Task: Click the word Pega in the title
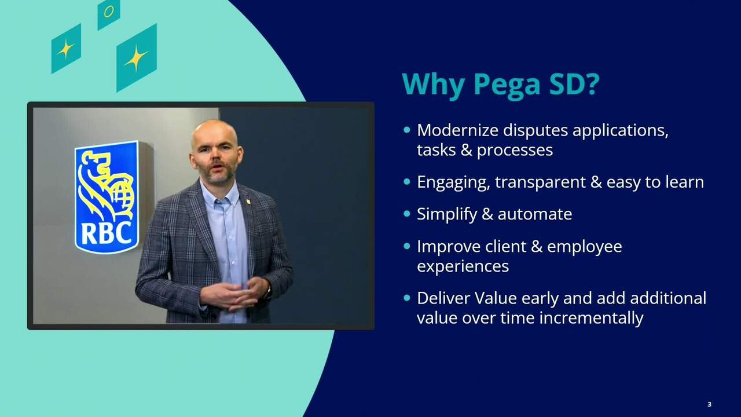click(x=507, y=84)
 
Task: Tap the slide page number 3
click(x=709, y=404)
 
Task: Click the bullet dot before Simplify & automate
click(x=407, y=214)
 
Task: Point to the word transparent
click(x=540, y=182)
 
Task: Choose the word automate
click(x=535, y=214)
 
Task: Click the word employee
click(x=585, y=247)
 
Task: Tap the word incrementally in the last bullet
click(x=591, y=318)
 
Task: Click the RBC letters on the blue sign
click(x=106, y=233)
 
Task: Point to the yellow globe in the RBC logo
click(x=123, y=197)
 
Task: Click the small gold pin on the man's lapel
click(x=248, y=200)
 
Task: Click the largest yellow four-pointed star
click(x=136, y=58)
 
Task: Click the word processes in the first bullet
click(x=515, y=151)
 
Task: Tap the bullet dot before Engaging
click(x=407, y=182)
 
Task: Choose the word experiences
click(x=463, y=266)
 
